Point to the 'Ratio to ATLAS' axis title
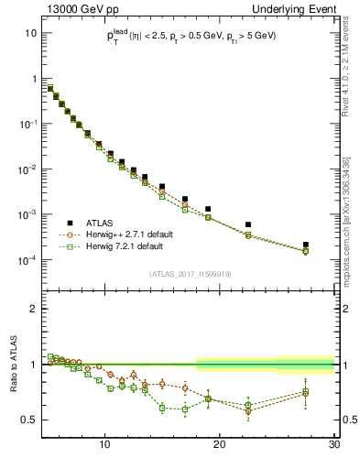(12, 365)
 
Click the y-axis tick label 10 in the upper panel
(30, 33)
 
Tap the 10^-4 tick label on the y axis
(27, 260)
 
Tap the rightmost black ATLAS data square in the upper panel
(306, 245)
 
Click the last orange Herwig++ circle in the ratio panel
(306, 394)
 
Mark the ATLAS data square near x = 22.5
(249, 224)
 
